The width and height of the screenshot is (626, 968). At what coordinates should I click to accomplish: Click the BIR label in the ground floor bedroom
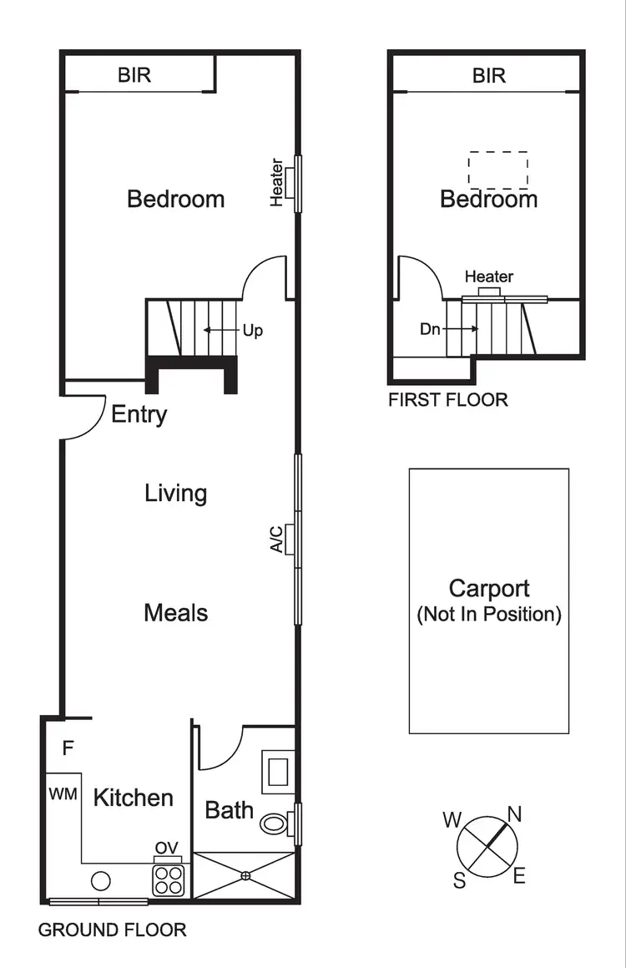[x=134, y=76]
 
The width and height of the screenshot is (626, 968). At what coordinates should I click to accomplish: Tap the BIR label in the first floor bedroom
[x=489, y=76]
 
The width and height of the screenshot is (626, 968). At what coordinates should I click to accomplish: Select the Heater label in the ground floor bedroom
[x=278, y=183]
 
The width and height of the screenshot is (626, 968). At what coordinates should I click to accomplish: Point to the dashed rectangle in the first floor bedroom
[x=497, y=170]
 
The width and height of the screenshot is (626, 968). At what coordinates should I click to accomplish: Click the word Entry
[x=139, y=414]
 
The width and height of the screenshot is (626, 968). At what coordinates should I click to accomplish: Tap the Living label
[x=175, y=493]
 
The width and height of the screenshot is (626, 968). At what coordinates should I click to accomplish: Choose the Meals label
[x=175, y=613]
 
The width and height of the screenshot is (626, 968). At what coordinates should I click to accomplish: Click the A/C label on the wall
[x=276, y=539]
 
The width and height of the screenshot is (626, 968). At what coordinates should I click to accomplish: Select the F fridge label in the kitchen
[x=68, y=748]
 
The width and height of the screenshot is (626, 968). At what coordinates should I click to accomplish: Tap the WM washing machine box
[x=63, y=793]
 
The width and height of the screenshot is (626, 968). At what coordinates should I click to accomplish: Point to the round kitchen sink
[x=101, y=880]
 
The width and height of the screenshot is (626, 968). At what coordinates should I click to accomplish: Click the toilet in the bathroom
[x=274, y=824]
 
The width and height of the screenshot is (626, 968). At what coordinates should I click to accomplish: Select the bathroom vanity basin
[x=276, y=770]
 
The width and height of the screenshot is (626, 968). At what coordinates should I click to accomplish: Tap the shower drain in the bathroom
[x=245, y=875]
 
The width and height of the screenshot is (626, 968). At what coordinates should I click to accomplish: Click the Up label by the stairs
[x=252, y=331]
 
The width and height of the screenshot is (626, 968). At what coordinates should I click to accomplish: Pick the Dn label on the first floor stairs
[x=430, y=329]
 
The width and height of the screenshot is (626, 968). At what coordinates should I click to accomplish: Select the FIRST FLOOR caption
[x=447, y=400]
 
